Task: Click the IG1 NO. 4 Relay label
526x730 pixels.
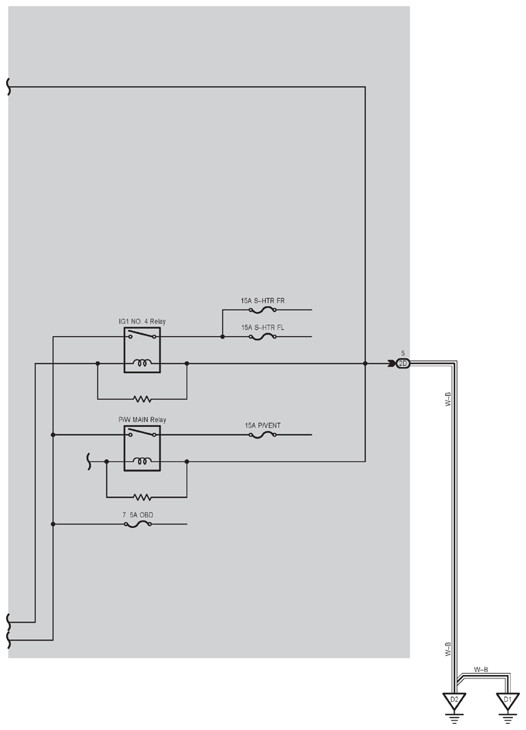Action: [142, 321]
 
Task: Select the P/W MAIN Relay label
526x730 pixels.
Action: [142, 419]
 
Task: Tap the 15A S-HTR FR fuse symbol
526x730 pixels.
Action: [263, 309]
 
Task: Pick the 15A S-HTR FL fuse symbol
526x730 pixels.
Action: [263, 337]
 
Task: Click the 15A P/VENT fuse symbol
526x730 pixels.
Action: [263, 435]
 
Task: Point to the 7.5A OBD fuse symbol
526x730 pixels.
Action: [137, 524]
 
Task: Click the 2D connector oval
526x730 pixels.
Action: [403, 364]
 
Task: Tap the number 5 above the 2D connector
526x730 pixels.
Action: [403, 354]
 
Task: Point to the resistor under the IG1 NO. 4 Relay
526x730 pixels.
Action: [142, 399]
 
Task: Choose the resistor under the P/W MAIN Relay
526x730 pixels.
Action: [142, 497]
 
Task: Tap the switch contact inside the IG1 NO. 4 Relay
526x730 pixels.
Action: [142, 334]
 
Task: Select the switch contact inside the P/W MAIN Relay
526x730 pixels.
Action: [142, 432]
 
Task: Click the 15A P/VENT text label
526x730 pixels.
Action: [263, 425]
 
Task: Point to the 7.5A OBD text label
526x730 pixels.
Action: [137, 515]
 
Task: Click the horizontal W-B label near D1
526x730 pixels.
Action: [481, 670]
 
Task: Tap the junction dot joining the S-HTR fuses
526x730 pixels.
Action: [222, 337]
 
